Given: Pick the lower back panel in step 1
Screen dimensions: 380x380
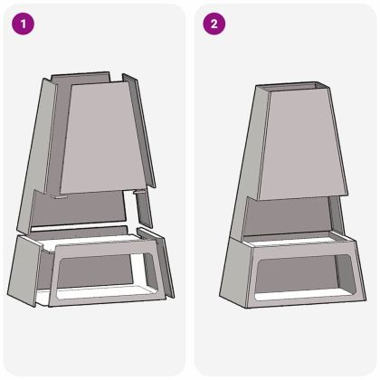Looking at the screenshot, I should (86, 208).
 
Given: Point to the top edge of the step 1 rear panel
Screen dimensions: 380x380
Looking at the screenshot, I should (86, 77).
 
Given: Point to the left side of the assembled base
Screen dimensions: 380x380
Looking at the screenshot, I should (233, 271).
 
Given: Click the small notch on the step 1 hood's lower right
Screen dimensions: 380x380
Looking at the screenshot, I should (138, 193).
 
